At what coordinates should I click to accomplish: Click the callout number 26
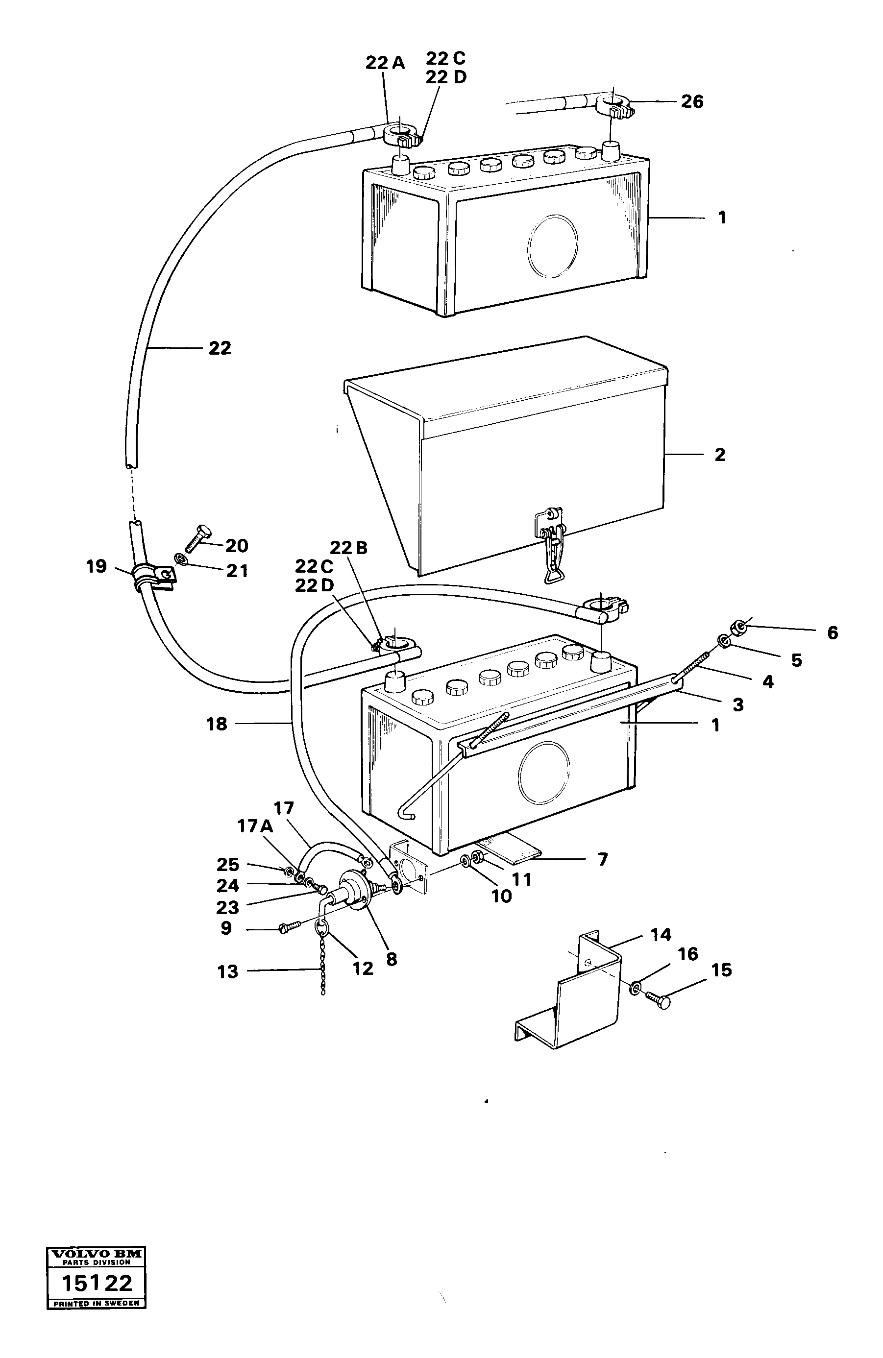(692, 102)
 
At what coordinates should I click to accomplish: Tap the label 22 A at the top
(385, 63)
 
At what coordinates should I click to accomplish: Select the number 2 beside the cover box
(720, 455)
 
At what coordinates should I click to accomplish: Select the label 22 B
(348, 548)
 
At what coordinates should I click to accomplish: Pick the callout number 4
(768, 681)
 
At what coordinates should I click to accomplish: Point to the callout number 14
(661, 935)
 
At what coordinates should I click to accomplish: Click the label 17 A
(255, 825)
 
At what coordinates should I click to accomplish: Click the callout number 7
(603, 859)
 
